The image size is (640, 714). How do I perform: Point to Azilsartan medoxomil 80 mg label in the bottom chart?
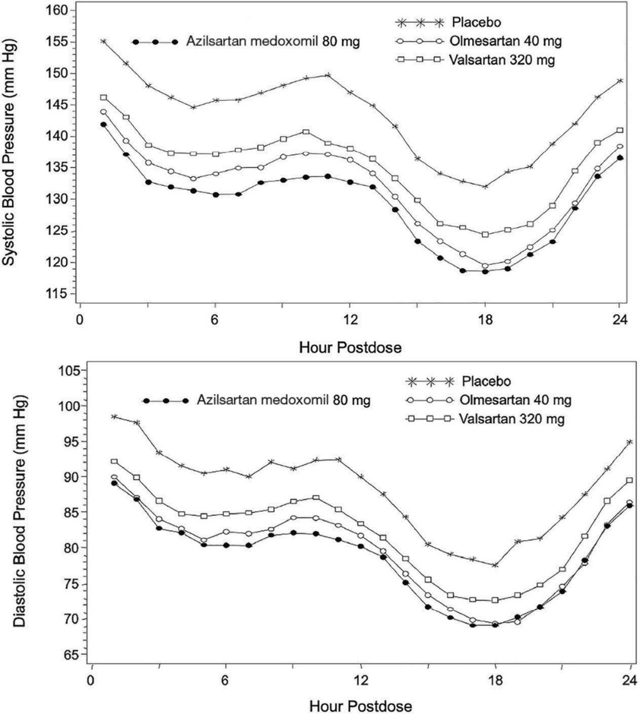click(x=284, y=400)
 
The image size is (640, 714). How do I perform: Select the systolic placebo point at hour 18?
click(x=484, y=187)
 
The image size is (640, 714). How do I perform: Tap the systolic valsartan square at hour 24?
click(x=619, y=130)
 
